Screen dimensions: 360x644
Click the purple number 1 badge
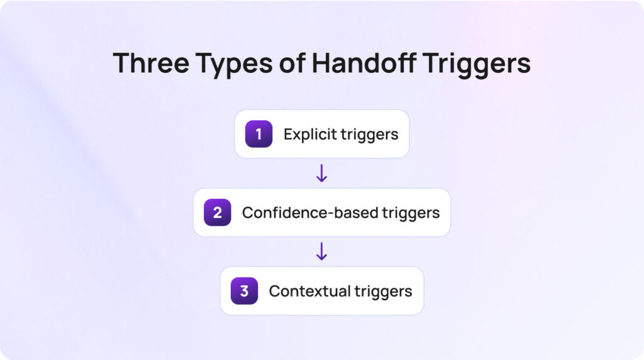coord(258,134)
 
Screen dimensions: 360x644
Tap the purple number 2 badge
coord(217,213)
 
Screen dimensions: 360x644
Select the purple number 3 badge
coord(244,291)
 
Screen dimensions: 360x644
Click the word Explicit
coord(308,134)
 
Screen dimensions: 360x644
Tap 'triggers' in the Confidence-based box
coord(411,213)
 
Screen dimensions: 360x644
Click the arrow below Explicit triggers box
coord(321,173)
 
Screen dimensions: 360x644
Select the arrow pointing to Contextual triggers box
coord(321,252)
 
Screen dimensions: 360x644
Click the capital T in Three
coord(121,64)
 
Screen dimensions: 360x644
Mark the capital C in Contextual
coord(274,291)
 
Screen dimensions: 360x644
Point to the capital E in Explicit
coord(287,134)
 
